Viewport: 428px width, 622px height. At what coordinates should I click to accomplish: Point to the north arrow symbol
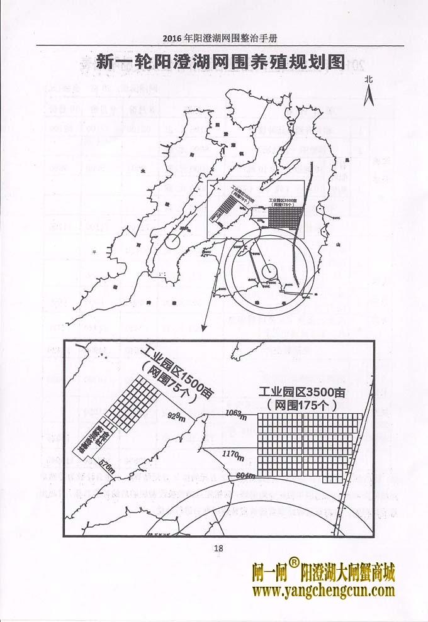pos(370,96)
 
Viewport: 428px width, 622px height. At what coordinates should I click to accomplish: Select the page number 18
pos(218,548)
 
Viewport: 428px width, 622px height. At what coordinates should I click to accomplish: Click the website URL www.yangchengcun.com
pos(324,591)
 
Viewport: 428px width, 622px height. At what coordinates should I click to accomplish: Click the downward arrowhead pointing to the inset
pos(203,328)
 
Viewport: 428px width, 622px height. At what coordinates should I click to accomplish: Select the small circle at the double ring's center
pos(269,269)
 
